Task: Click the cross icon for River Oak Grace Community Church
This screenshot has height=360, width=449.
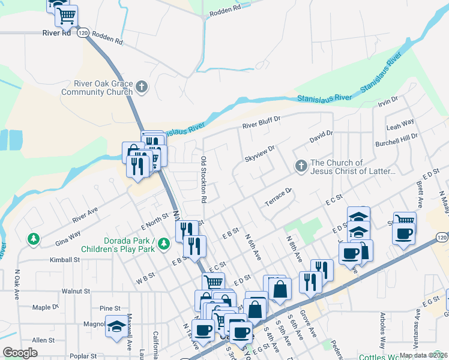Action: coord(142,88)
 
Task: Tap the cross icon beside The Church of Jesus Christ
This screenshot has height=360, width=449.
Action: coord(302,166)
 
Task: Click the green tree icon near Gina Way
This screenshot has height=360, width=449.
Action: coord(33,239)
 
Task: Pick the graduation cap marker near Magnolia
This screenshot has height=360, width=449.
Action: coord(116,326)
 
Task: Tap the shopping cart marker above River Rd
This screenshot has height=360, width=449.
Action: coord(66,16)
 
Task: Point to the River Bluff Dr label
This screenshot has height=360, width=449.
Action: coord(261,124)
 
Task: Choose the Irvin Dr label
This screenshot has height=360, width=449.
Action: coord(388,103)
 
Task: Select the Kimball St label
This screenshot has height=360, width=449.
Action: coord(65,260)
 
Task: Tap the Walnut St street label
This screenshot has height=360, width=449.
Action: coord(75,291)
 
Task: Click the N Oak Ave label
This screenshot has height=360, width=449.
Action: coord(17,282)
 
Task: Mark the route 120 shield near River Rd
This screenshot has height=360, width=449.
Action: coord(83,32)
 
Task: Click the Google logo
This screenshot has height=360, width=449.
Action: coord(20,352)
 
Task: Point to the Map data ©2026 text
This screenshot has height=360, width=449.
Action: coord(423,355)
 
